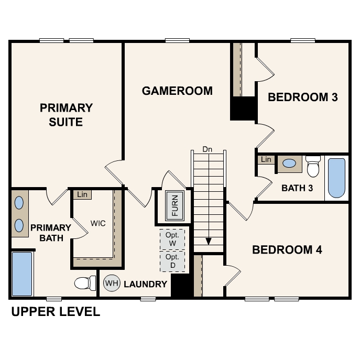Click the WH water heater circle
112,283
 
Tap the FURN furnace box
174,205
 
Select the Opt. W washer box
172,239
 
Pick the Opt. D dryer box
172,261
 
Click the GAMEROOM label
177,91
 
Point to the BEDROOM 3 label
303,97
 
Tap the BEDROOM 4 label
287,249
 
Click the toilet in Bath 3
313,167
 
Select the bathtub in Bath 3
336,178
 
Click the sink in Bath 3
289,163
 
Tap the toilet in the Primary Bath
85,283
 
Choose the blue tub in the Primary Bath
22,274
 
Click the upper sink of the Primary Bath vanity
19,203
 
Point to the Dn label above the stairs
207,149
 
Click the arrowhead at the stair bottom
209,241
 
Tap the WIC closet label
98,223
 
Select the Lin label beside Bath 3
266,159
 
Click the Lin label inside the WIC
82,194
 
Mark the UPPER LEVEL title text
56,312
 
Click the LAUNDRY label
145,284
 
